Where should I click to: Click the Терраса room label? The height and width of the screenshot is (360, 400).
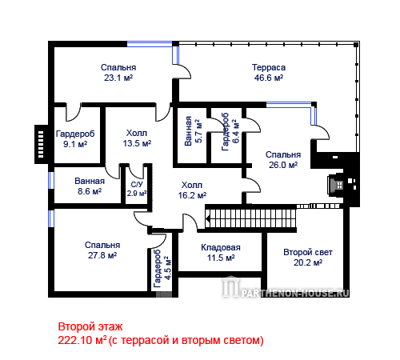pos(269,67)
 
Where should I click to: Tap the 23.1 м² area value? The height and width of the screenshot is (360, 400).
pos(118,78)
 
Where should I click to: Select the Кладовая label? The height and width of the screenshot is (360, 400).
pos(221,247)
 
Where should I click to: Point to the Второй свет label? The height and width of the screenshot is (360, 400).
pos(308,252)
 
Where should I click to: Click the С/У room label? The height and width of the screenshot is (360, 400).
pos(137,185)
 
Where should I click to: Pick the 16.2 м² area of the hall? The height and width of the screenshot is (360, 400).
pos(192,195)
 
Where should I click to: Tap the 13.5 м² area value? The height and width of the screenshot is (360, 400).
pos(137,143)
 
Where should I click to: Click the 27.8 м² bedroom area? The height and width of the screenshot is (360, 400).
pos(102,255)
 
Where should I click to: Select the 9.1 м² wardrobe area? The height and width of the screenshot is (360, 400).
pos(75,144)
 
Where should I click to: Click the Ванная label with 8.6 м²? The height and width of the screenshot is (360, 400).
pos(90,181)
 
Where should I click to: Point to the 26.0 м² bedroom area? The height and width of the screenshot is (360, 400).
pos(283,165)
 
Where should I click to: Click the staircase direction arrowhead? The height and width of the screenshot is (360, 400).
pos(208,219)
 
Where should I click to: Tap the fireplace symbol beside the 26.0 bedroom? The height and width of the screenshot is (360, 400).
pos(337,185)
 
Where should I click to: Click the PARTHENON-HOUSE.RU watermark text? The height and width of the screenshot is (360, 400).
pos(295,294)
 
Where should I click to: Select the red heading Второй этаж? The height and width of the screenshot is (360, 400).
pos(90,326)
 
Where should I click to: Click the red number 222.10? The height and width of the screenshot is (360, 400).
pos(74,341)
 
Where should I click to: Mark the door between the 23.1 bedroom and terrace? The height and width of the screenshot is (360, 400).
pos(182,71)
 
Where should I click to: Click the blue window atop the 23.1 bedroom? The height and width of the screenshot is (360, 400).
pos(150,44)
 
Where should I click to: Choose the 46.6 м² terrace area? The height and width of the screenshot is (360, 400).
pos(269,78)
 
